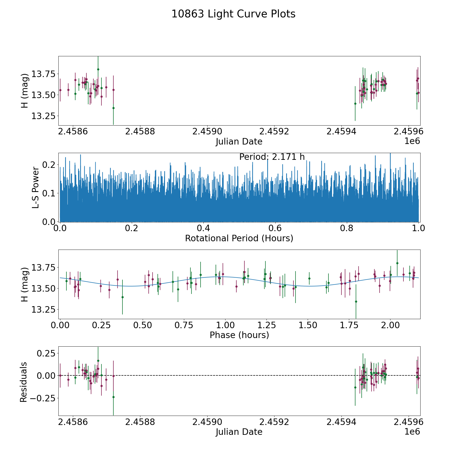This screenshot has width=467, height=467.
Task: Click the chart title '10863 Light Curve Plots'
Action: pos(233,14)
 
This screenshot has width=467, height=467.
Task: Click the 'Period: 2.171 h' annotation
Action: pos(272,157)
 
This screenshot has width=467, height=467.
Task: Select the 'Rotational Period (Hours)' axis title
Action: pos(239,238)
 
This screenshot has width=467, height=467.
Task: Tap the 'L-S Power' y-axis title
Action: pos(36,187)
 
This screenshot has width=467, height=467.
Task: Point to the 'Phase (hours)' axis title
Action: pos(239,335)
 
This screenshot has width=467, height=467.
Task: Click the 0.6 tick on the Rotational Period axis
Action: pos(275,228)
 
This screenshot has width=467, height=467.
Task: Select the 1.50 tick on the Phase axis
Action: pos(308,325)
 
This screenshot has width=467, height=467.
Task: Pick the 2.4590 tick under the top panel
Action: pos(207,132)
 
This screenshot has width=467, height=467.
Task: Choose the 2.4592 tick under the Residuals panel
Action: pos(274,422)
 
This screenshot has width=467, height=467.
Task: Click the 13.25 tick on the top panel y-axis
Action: pos(43,116)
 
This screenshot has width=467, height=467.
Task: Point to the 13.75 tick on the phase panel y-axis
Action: pos(43,267)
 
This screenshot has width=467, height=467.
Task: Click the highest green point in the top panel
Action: pos(98,69)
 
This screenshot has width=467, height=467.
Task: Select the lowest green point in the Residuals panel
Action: pos(113,397)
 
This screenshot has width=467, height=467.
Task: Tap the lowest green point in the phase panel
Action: pos(356,301)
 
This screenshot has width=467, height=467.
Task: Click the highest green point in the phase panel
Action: pos(397,263)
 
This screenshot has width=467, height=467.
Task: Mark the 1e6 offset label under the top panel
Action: pos(412,141)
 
